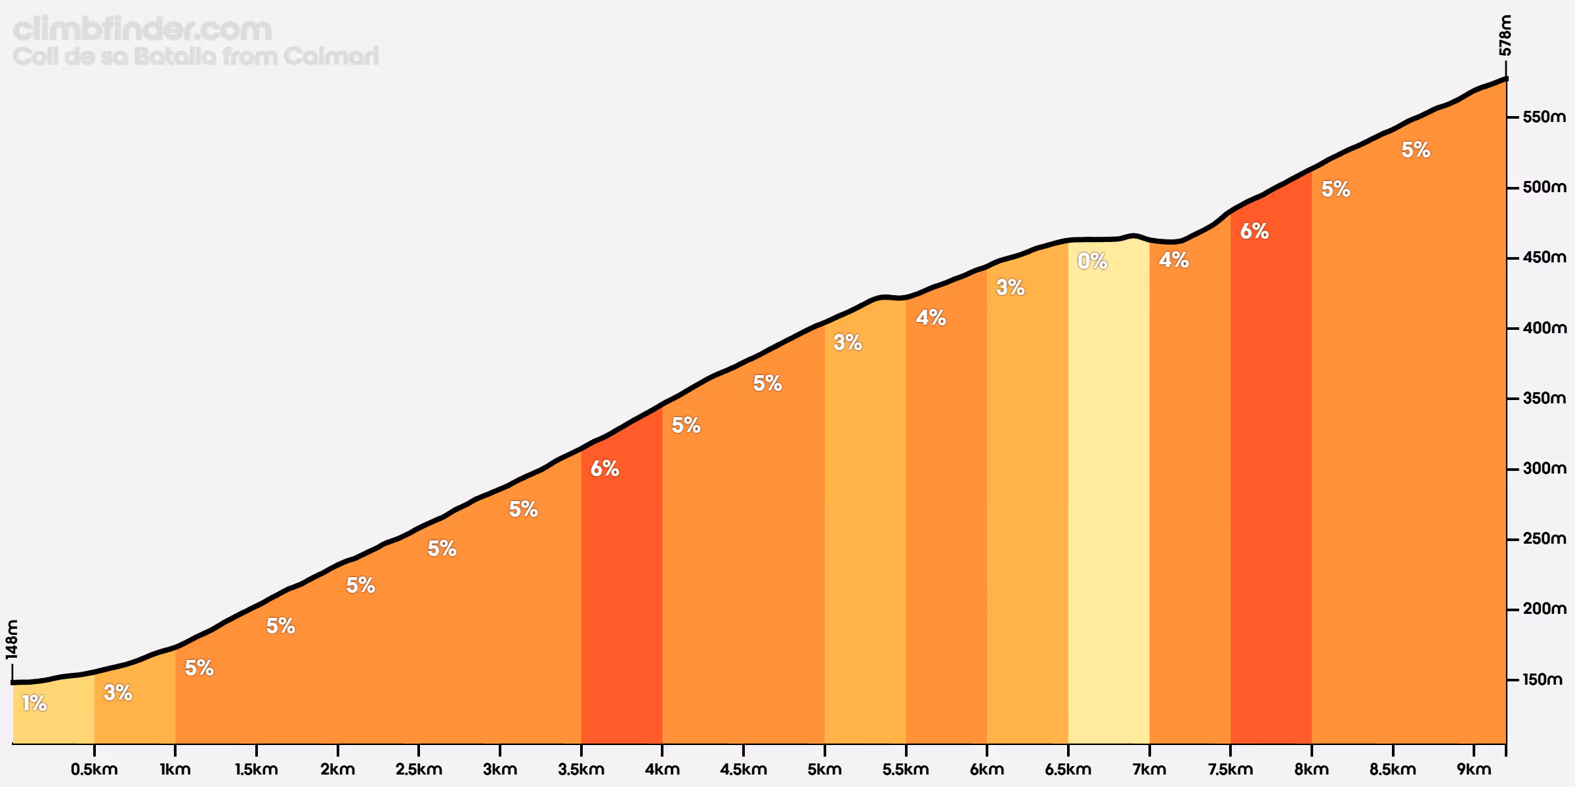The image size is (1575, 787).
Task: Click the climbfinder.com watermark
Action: (142, 30)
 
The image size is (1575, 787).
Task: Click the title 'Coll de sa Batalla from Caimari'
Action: (196, 56)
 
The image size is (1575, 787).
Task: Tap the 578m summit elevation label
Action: (1505, 36)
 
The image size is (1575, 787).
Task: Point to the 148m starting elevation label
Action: (12, 639)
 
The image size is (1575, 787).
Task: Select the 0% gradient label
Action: (1093, 261)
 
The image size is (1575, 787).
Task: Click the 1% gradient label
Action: (34, 703)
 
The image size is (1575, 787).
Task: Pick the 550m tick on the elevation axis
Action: (1543, 117)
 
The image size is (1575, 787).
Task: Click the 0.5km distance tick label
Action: (94, 769)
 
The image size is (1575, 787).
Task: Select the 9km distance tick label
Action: (1473, 769)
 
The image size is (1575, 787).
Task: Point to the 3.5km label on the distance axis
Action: (581, 769)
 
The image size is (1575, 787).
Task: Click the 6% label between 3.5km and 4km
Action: (604, 468)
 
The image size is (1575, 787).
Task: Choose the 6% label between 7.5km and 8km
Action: (1254, 231)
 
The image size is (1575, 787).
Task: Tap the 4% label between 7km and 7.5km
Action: (1173, 260)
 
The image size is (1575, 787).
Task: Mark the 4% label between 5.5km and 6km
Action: (931, 317)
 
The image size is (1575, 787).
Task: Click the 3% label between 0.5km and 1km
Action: (118, 693)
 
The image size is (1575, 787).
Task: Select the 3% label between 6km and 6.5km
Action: (1010, 287)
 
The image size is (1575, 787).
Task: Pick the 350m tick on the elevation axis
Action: (1543, 398)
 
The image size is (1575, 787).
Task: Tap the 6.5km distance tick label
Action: (1068, 769)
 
